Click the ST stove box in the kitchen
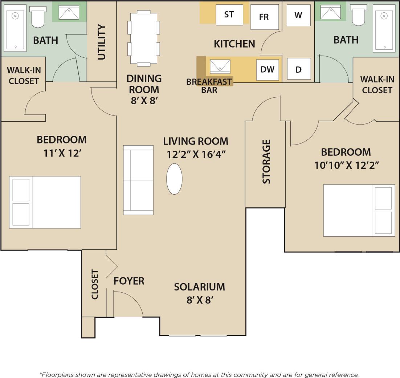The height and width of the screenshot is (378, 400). (x=229, y=15)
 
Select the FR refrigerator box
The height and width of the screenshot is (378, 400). (x=264, y=17)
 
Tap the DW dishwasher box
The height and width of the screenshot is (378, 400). (x=268, y=69)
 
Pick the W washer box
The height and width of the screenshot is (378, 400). (x=298, y=15)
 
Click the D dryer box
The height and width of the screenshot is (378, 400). (x=299, y=69)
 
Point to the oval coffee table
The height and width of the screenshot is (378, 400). (x=174, y=179)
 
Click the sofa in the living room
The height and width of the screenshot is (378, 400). (x=138, y=180)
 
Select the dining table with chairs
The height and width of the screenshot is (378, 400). (x=143, y=38)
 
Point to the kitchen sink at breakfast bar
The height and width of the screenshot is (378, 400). (x=220, y=66)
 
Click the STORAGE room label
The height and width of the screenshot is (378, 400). (x=266, y=161)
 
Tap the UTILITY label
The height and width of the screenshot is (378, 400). (x=102, y=42)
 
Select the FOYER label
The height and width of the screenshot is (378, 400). (x=129, y=281)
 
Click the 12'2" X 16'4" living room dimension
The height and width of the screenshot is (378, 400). (x=196, y=154)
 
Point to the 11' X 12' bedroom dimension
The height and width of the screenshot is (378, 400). (x=62, y=153)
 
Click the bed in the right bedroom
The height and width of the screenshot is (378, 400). (x=359, y=211)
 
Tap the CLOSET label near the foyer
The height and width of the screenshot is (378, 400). (x=95, y=284)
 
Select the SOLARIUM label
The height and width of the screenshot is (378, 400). (x=199, y=286)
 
